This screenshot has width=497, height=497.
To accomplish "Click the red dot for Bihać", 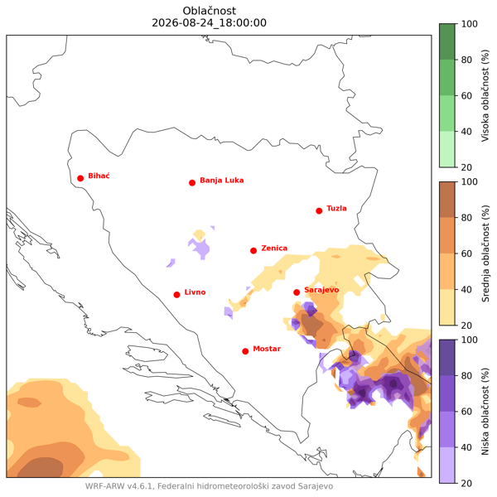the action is pos(80,178).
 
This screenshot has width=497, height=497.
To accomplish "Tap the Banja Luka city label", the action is pos(221,181).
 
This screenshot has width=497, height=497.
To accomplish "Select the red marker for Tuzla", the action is pos(319,210).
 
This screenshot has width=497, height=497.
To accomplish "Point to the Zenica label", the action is pos(274,248).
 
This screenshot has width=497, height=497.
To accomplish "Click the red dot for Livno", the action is pos(177,295).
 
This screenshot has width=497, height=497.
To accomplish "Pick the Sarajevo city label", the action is pos(321,290).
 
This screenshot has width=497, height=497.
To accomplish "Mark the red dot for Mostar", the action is pos(245,351).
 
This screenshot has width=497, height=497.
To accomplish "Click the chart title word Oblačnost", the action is pos(210,11).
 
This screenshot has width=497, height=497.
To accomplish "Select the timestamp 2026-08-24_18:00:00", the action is pos(210,23).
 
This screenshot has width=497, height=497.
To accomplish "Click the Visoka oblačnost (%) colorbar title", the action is pos(485,95).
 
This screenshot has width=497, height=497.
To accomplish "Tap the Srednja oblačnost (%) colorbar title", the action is pos(485,253).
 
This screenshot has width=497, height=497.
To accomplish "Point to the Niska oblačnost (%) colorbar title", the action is pos(485,412).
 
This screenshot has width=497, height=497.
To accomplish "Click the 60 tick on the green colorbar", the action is pos(466,95).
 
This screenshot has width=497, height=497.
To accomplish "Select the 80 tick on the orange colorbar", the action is pos(466,218).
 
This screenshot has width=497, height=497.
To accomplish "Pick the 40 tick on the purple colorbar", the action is pos(466,447).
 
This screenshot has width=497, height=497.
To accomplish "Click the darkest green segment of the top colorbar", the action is pos(447,41).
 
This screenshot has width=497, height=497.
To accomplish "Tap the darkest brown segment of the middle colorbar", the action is pos(447,200).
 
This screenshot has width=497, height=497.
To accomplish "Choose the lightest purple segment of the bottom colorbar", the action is pos(447,465).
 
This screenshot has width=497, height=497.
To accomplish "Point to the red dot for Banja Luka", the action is pos(192,183).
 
